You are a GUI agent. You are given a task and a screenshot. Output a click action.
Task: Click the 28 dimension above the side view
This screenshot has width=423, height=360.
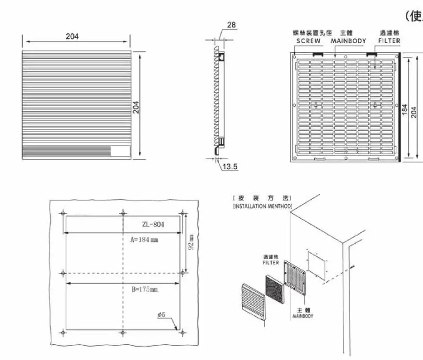pos(231,25)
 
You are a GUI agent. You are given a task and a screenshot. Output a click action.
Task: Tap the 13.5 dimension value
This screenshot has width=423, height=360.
pos(230,167)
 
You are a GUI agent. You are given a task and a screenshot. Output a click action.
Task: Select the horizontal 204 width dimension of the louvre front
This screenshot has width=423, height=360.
pos(72,36)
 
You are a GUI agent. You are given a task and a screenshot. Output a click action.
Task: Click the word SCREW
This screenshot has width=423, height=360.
pos(308,41)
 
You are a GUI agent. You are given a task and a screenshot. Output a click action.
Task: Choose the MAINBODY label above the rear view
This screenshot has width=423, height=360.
pos(348,41)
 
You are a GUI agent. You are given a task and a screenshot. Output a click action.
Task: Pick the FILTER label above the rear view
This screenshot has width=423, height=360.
pos(389,41)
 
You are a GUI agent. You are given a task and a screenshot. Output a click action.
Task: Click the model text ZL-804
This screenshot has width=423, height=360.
pos(153,225)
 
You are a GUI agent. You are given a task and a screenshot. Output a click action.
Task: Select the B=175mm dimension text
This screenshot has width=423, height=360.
pos(144,290)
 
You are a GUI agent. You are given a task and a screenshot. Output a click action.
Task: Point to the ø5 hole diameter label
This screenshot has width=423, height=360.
pos(161,315)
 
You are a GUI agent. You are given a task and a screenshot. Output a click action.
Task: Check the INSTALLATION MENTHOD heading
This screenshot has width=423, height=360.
pos(262,206)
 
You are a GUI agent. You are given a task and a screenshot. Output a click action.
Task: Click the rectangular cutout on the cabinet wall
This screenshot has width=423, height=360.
pos(317,265)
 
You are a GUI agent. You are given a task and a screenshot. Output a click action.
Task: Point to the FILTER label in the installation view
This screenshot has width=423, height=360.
pos(271,263)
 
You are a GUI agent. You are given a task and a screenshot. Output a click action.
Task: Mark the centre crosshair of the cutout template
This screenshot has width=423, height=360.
pos(123,273)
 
